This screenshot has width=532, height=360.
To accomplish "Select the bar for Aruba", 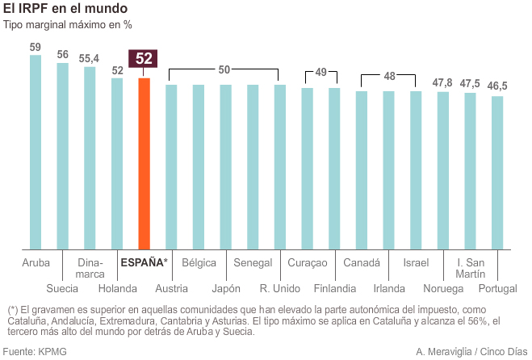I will click(36, 153).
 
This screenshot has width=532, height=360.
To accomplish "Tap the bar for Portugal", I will click(497, 173).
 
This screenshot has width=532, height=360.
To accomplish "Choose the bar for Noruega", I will click(442, 170).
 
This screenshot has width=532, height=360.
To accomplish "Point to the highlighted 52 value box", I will click(144, 59).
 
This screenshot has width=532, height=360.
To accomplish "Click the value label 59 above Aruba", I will click(36, 47).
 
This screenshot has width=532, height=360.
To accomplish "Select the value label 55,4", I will click(90, 58).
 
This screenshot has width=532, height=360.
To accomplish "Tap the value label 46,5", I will click(497, 86).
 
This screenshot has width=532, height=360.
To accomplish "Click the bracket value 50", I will click(224, 70).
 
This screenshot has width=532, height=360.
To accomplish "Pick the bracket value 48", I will click(389, 76).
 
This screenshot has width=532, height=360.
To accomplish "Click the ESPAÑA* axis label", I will click(144, 262).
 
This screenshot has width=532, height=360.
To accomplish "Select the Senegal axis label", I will click(253, 262).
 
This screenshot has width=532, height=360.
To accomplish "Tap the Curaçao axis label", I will click(308, 262).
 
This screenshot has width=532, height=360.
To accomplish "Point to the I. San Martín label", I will click(470, 269).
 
